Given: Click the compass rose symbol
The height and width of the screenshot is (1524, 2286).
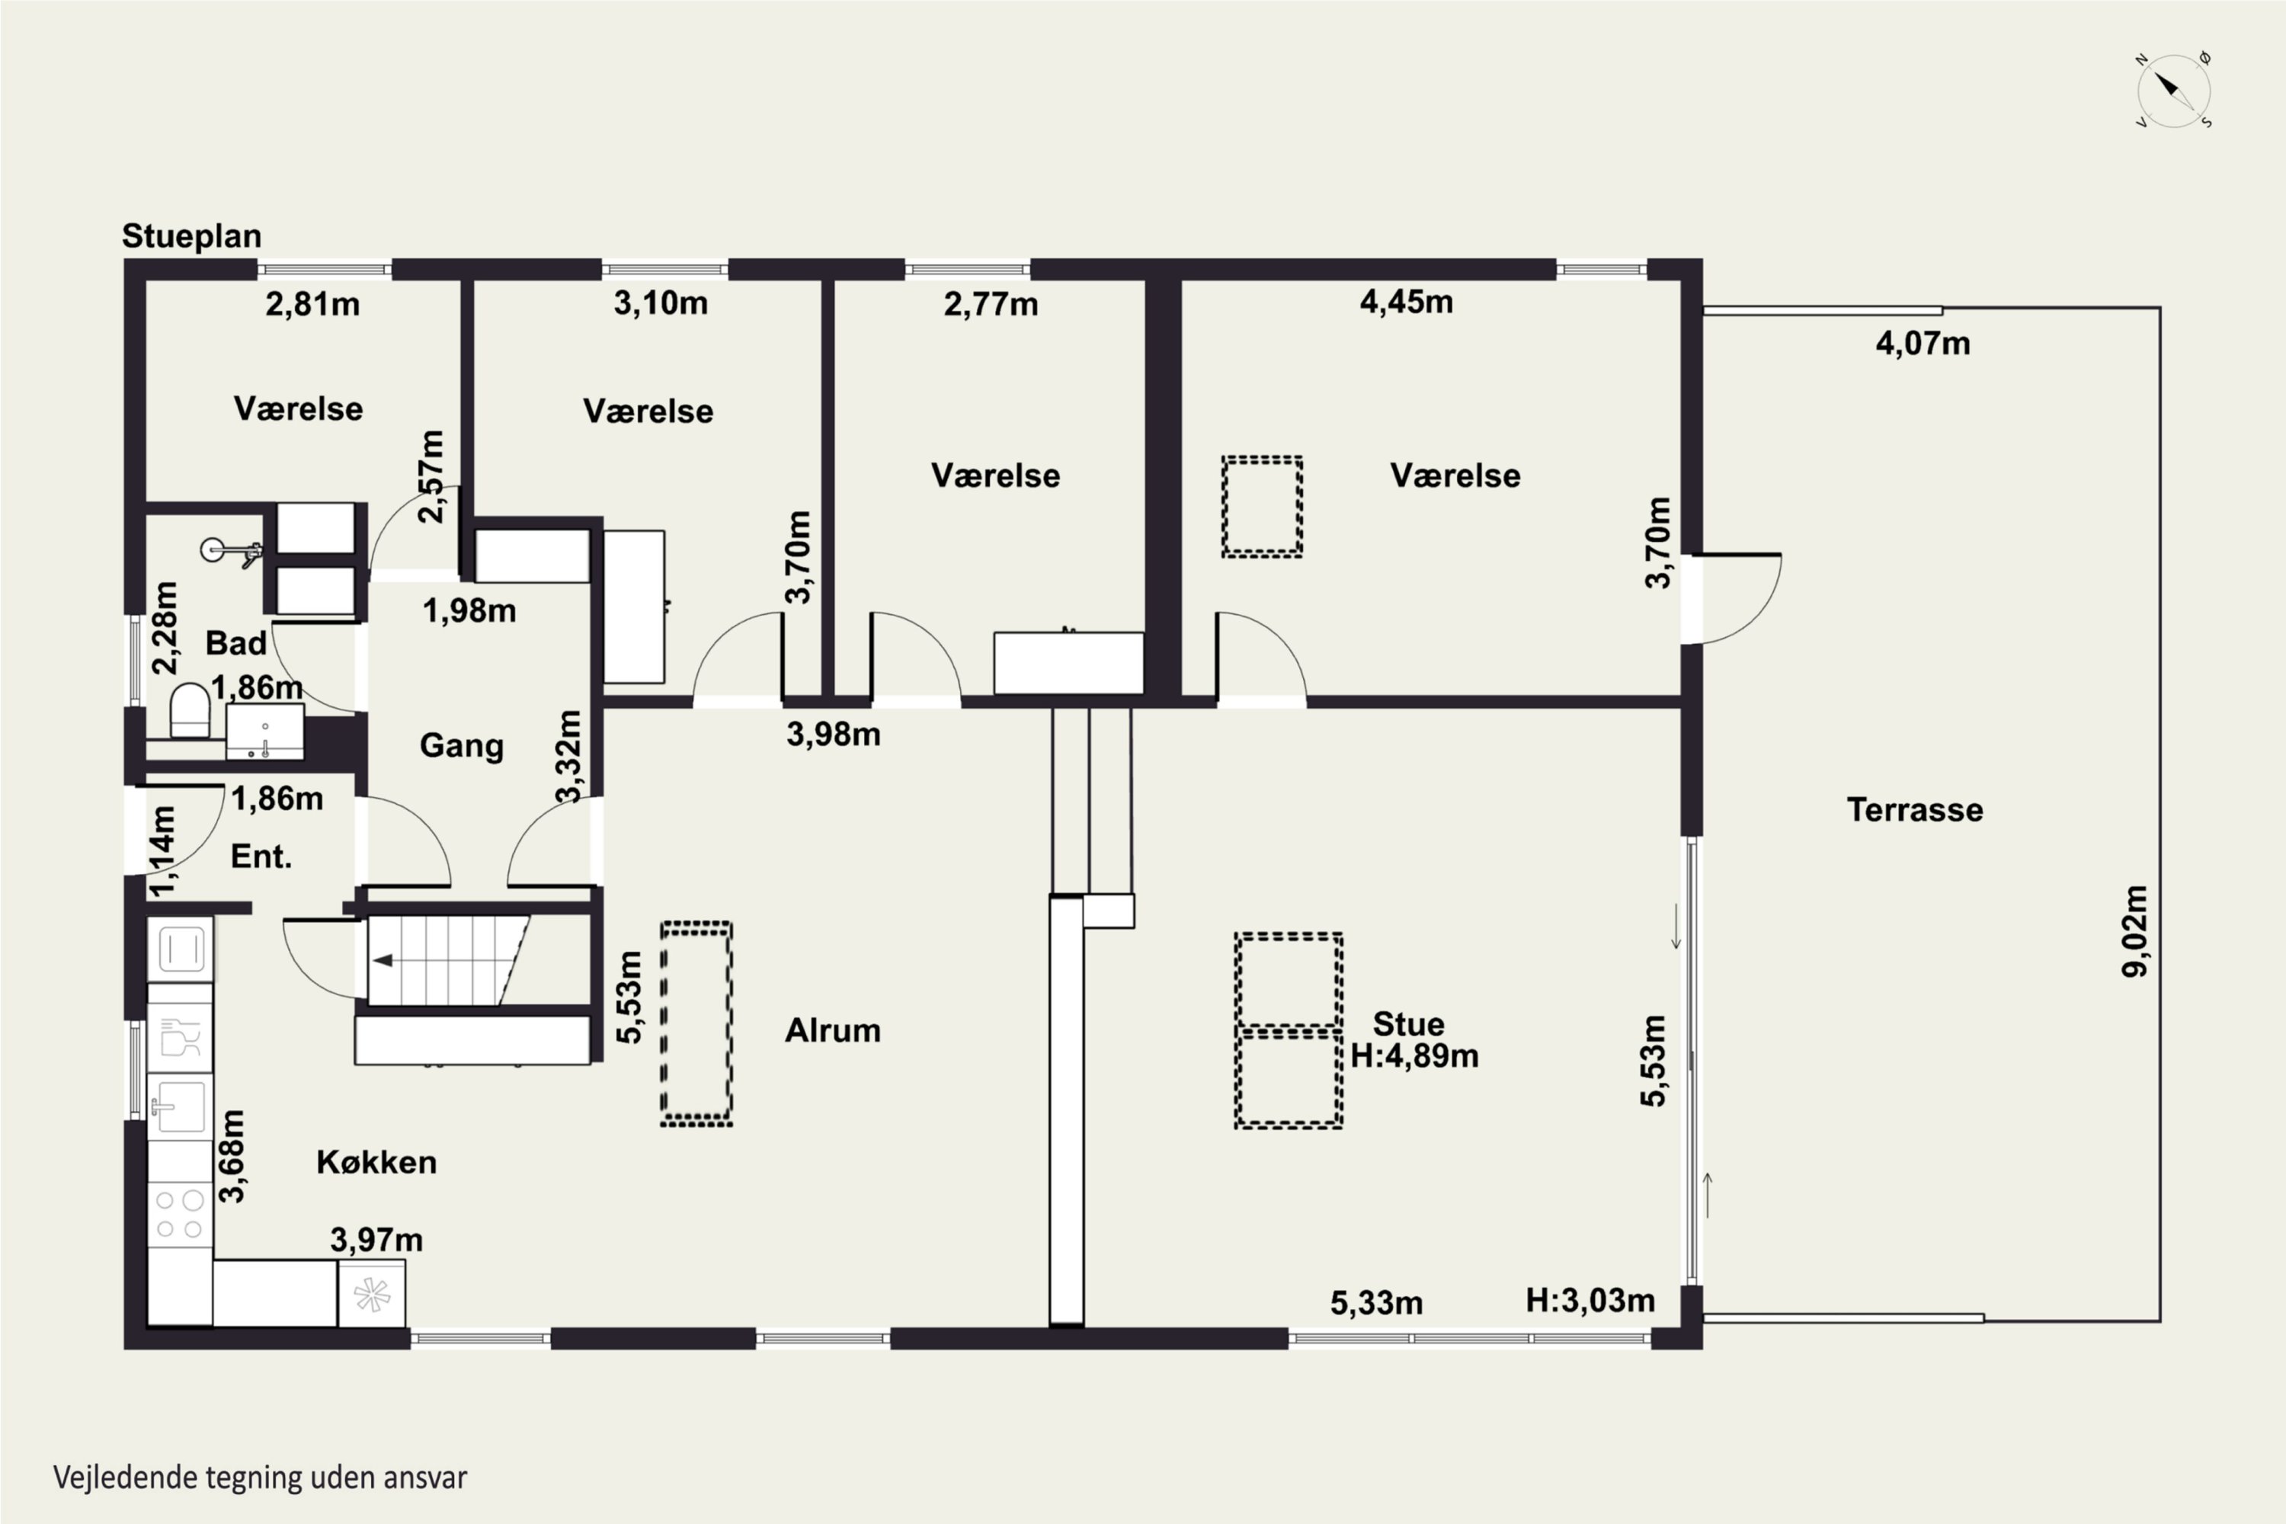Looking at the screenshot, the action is pos(2174,91).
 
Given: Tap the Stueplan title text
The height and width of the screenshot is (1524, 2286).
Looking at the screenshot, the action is pos(191,236).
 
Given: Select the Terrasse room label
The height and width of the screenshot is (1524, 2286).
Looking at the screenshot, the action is pos(1915,809).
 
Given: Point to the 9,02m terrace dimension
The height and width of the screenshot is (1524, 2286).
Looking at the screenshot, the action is pos(2135,931).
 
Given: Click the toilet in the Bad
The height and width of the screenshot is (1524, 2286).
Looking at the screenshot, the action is pos(190,710).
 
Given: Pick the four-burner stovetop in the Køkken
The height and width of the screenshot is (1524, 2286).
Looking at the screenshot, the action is pos(180,1214).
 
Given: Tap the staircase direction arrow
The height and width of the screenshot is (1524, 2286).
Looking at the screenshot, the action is pos(383,960).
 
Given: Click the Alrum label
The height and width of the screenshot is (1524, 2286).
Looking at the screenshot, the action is pos(833,1030).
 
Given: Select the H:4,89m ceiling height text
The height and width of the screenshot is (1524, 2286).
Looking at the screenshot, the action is pos(1414,1055).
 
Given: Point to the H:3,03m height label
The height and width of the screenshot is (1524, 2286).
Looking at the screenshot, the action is pos(1590,1301).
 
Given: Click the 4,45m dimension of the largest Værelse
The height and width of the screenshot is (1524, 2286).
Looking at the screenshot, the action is pos(1407,303).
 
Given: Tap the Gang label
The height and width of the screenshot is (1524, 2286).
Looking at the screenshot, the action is pos(462,745).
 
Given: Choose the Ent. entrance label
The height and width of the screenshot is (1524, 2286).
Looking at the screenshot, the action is pos(261,856).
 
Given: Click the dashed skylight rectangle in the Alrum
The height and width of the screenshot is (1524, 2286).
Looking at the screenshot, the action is pos(696,1024).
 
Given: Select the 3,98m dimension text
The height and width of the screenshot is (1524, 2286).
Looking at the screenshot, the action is pos(834,735).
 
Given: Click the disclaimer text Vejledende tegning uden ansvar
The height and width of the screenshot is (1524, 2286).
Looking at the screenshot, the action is pos(261,1478).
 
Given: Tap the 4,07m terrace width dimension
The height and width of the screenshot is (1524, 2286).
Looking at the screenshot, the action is pos(1923,343).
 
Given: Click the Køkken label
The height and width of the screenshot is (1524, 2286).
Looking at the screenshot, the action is pos(376,1163).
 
